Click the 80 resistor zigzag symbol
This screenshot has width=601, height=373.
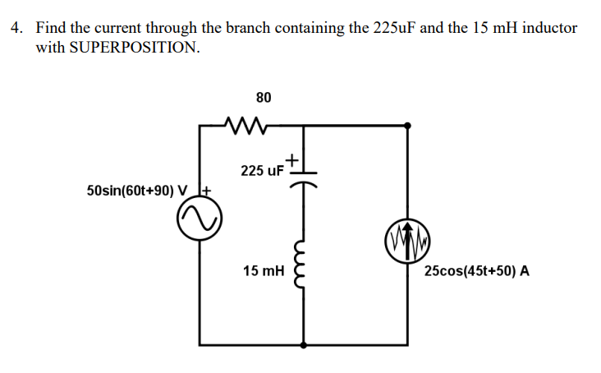click(245, 125)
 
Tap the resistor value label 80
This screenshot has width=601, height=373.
click(263, 98)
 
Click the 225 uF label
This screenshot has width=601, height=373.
click(262, 171)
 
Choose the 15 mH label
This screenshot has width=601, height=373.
click(263, 270)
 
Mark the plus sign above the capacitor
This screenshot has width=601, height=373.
click(293, 158)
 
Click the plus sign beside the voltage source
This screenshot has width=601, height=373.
click(207, 191)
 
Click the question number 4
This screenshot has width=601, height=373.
click(16, 27)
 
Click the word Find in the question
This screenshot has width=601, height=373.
click(51, 27)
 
